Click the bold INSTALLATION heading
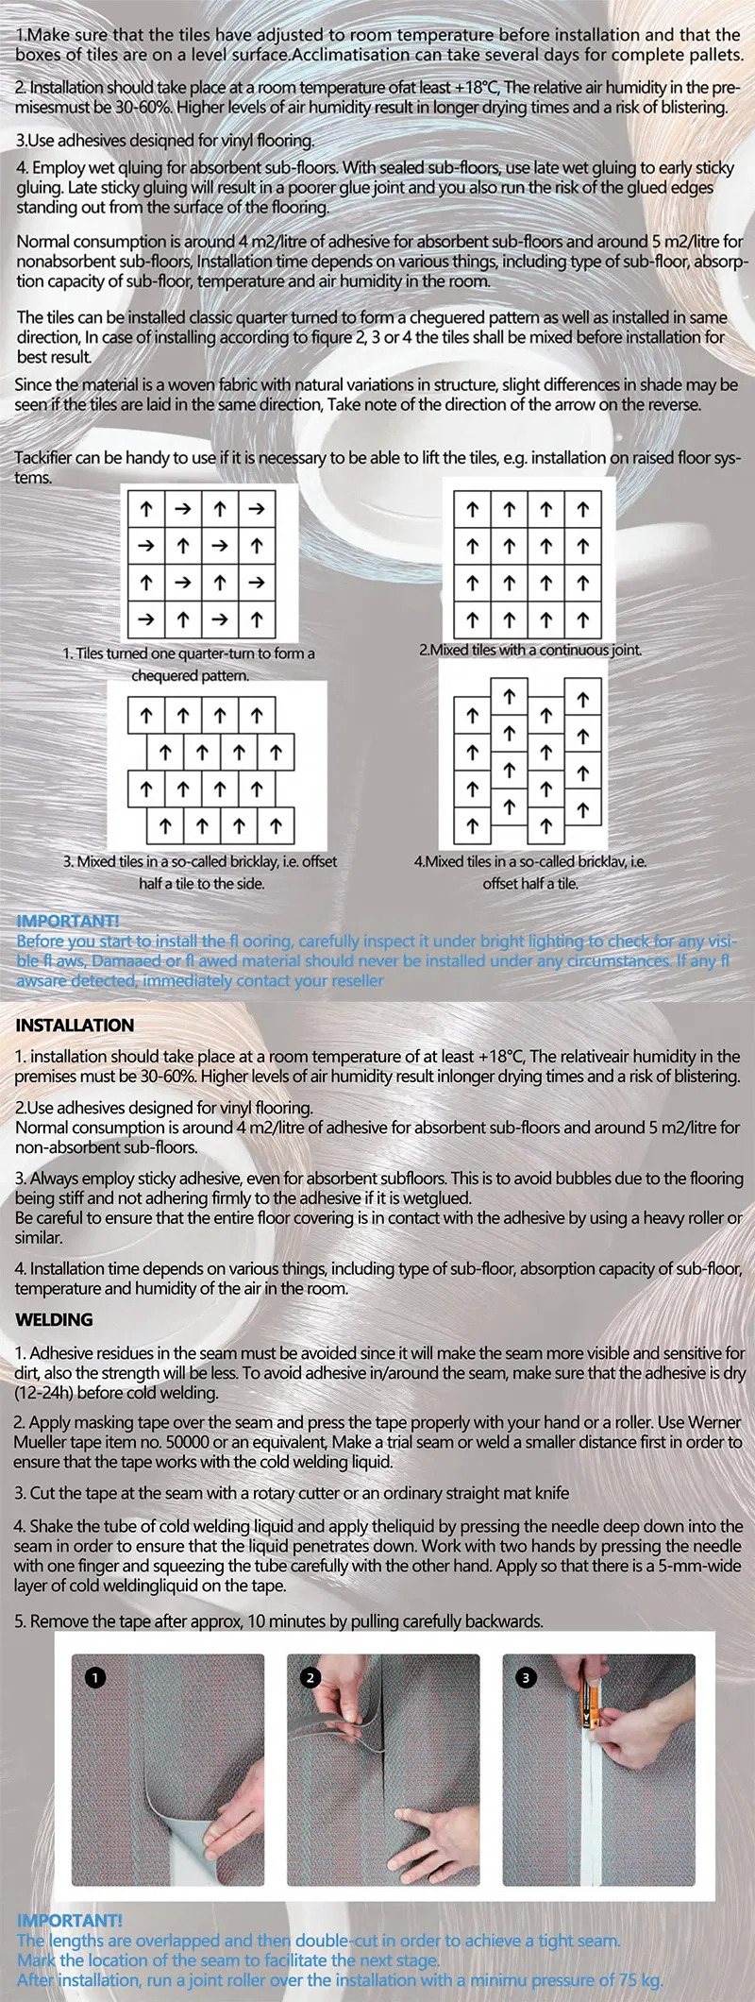(75, 1025)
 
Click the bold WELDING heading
(54, 1319)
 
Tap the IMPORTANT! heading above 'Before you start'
(68, 921)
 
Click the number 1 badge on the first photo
(94, 1677)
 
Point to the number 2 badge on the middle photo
(310, 1677)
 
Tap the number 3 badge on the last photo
(526, 1677)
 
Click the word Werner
(715, 1422)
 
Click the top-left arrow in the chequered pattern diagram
(146, 509)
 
